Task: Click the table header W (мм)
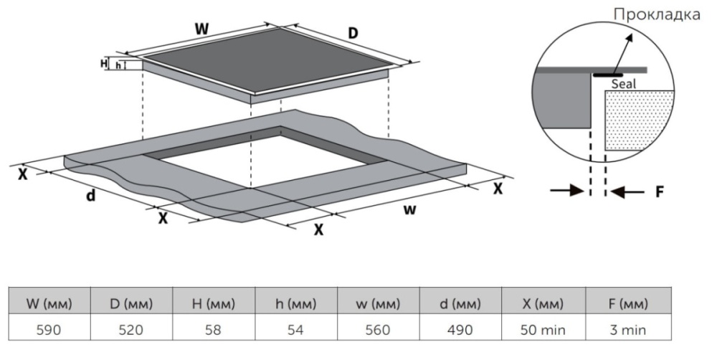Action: [49, 303]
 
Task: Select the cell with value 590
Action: [49, 330]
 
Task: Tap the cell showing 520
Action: [132, 330]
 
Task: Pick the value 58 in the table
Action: [214, 330]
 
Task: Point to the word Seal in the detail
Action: [623, 84]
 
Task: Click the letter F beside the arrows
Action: [660, 191]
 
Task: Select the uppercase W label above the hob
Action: [203, 29]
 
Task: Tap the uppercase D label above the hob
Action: [353, 34]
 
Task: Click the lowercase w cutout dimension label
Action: [409, 209]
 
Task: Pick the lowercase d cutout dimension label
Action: [91, 196]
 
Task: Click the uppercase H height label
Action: [104, 63]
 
